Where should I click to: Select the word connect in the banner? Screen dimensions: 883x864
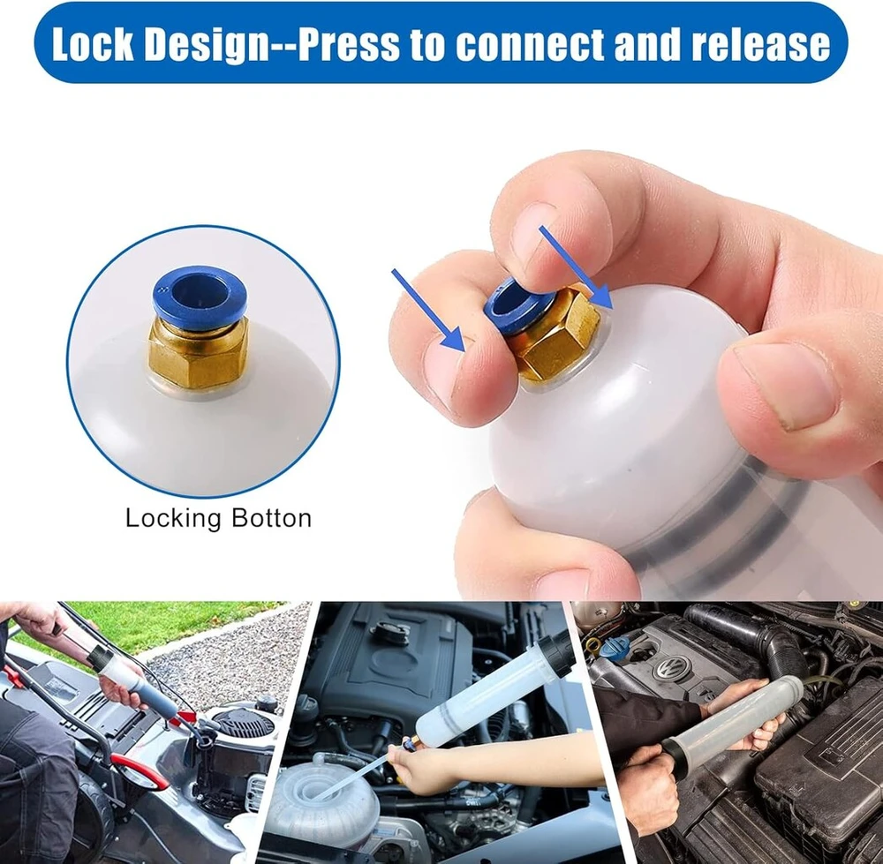pyautogui.click(x=532, y=45)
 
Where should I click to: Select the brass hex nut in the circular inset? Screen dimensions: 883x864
pyautogui.click(x=198, y=351)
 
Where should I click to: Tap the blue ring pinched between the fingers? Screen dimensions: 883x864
pyautogui.click(x=508, y=304)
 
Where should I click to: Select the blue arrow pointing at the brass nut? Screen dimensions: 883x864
pyautogui.click(x=577, y=267)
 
